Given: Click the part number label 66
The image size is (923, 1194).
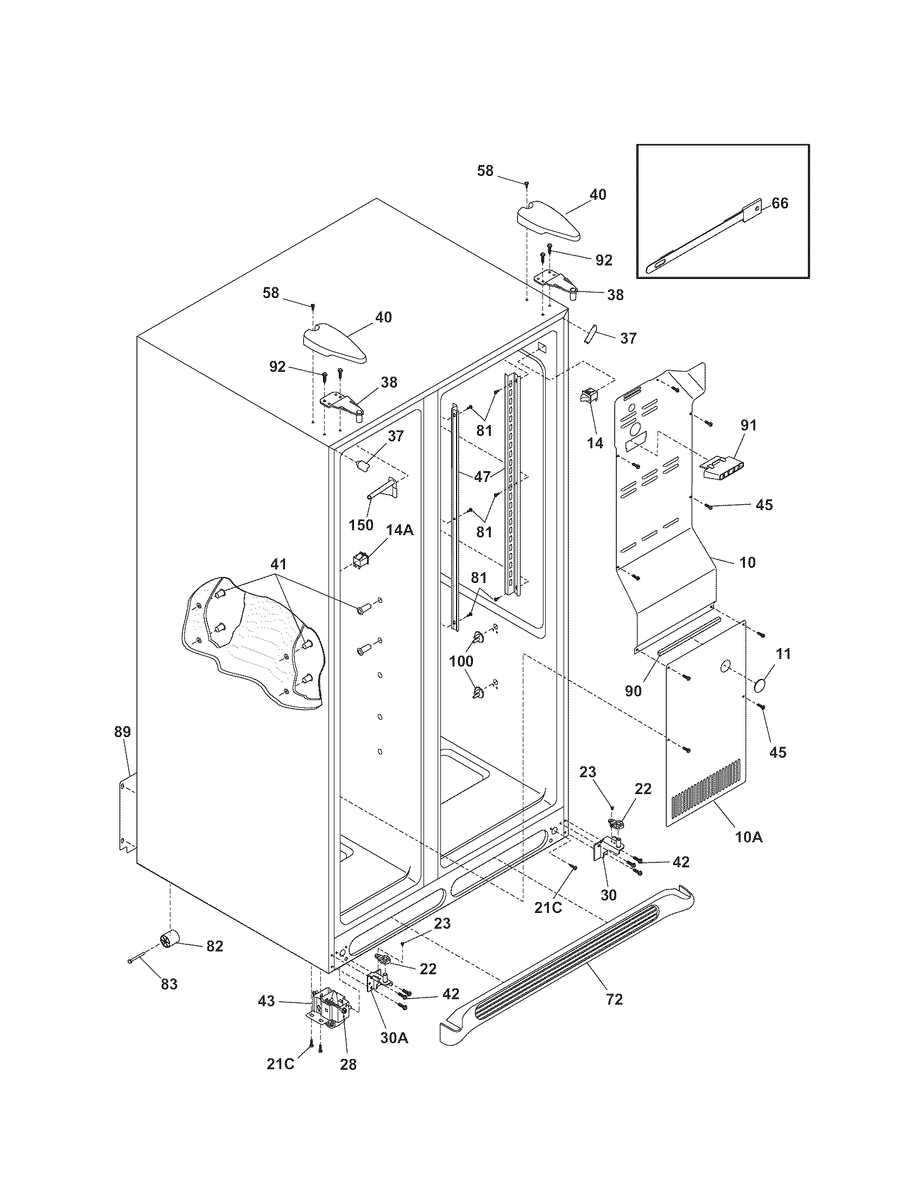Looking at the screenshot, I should click(x=780, y=204).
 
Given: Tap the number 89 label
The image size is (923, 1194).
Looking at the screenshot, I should click(x=122, y=732).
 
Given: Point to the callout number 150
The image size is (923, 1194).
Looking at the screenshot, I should click(x=361, y=525).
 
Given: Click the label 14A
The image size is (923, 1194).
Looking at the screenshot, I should click(x=400, y=530).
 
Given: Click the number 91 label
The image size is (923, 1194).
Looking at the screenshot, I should click(x=749, y=425).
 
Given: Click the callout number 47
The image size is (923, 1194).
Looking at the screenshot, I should click(x=482, y=477).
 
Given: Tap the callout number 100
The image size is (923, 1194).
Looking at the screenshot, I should click(x=461, y=661).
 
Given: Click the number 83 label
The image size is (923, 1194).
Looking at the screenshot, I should click(x=169, y=984).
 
